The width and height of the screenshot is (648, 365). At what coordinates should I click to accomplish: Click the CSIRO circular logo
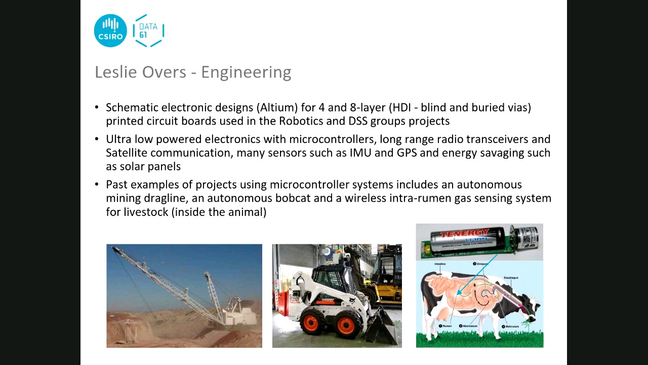[x=110, y=31]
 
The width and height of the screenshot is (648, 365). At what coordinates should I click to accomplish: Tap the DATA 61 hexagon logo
[x=148, y=31]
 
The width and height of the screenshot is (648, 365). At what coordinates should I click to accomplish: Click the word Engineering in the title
[x=246, y=72]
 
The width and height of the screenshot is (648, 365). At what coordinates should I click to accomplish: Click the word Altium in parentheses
[x=277, y=107]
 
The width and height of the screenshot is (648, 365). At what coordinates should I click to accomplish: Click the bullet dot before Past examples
[x=97, y=185]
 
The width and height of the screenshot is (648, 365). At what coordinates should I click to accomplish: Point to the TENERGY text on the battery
[x=465, y=234]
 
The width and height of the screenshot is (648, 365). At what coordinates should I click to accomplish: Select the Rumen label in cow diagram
[x=447, y=326]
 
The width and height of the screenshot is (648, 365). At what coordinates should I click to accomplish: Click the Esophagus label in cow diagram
[x=510, y=278]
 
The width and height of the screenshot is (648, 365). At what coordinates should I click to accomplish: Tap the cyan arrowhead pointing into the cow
[x=459, y=292]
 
